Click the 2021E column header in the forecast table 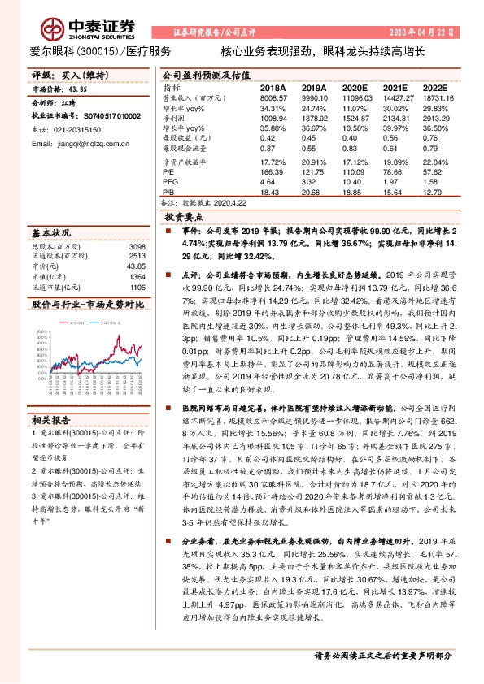395,87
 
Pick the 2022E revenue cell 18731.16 436,97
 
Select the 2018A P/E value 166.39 270,172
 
